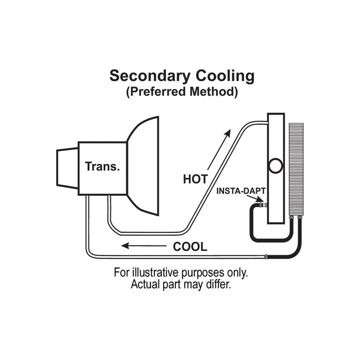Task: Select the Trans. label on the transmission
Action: (102, 167)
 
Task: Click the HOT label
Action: (195, 179)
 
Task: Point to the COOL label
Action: (190, 246)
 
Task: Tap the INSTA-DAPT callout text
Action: (241, 191)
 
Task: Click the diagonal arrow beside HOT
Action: (219, 150)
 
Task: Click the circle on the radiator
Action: (276, 166)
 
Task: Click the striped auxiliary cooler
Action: (296, 170)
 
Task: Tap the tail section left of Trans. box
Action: (67, 168)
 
